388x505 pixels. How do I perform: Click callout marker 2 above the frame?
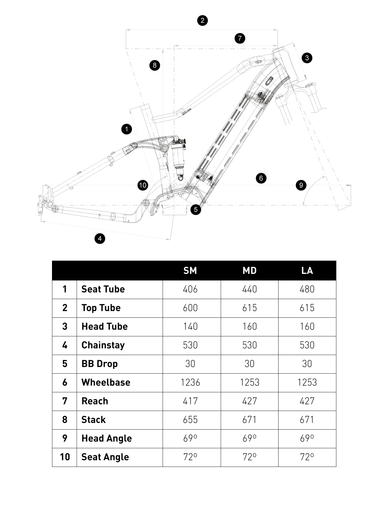click(202, 20)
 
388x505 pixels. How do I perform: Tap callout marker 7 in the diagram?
click(240, 38)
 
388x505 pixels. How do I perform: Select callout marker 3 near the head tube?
click(307, 58)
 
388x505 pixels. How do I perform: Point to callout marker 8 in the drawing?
click(154, 65)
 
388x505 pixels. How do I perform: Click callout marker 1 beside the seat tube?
click(126, 129)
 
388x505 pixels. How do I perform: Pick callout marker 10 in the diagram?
click(143, 185)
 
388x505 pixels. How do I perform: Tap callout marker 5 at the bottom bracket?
click(196, 209)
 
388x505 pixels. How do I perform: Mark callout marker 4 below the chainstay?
click(100, 238)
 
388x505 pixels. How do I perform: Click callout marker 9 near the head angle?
click(301, 185)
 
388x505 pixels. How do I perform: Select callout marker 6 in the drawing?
click(261, 178)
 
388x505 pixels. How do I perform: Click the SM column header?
click(190, 270)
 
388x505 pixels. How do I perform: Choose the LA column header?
click(307, 270)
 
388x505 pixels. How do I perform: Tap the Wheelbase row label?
click(106, 382)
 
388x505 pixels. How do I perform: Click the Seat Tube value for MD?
click(249, 289)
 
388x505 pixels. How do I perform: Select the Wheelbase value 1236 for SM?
click(190, 382)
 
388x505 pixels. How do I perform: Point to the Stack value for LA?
click(307, 420)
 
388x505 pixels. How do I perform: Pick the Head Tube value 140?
click(190, 326)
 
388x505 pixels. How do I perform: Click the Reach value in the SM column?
click(190, 401)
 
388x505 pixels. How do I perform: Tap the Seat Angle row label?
click(105, 457)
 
